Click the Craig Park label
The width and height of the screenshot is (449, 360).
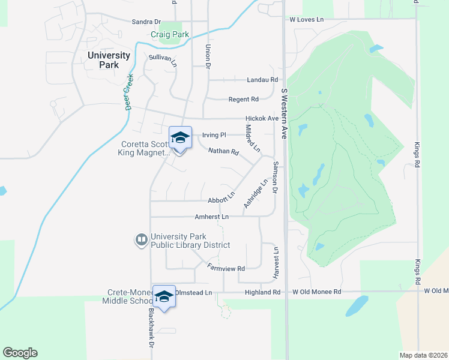pyautogui.click(x=170, y=35)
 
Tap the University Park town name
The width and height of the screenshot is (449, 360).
pyautogui.click(x=109, y=59)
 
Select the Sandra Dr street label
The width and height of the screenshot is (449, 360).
pyautogui.click(x=147, y=22)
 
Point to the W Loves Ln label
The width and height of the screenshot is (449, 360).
pyautogui.click(x=306, y=20)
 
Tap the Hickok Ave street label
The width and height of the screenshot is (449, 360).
pyautogui.click(x=262, y=119)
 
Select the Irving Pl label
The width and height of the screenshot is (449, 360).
pyautogui.click(x=214, y=135)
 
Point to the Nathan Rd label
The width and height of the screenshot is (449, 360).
pyautogui.click(x=223, y=151)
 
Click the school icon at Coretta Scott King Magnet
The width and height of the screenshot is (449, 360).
pyautogui.click(x=179, y=138)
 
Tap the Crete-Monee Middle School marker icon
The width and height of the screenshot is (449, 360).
pyautogui.click(x=164, y=296)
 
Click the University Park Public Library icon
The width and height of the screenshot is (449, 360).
pyautogui.click(x=142, y=241)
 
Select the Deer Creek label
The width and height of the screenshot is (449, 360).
pyautogui.click(x=127, y=92)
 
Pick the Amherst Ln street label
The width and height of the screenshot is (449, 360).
pyautogui.click(x=211, y=217)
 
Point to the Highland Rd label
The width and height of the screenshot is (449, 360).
pyautogui.click(x=262, y=292)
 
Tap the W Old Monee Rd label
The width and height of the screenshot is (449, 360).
pyautogui.click(x=316, y=292)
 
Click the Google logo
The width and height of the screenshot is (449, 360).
pyautogui.click(x=20, y=353)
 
